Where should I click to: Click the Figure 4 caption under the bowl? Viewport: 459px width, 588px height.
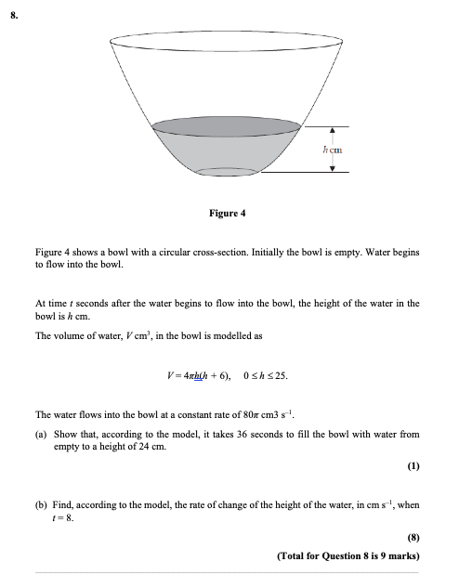(228, 213)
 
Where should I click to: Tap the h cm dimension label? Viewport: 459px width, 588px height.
(332, 149)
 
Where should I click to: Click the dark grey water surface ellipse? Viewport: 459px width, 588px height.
(228, 125)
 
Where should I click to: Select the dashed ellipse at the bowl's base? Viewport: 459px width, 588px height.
(228, 172)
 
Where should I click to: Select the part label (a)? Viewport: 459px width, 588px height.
(42, 434)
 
